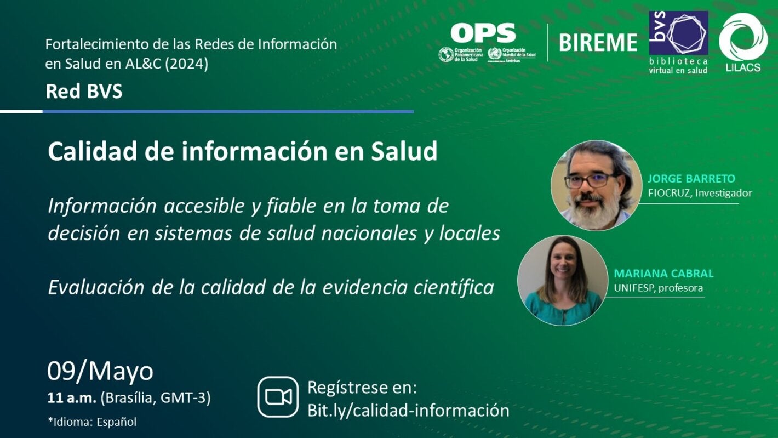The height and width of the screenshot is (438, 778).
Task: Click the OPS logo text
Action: (x=483, y=33)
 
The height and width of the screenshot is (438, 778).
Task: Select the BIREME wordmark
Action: (x=598, y=42)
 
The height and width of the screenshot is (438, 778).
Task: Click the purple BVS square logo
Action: (x=678, y=32)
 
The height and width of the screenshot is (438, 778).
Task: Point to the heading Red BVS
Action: (x=84, y=92)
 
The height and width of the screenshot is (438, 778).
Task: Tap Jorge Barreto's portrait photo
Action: (x=596, y=185)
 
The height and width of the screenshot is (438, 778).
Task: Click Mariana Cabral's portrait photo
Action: (x=562, y=280)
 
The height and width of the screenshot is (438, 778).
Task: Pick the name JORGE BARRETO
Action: (x=691, y=179)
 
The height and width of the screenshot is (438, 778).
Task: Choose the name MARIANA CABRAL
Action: (x=663, y=274)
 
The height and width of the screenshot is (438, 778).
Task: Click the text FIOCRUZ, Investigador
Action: (x=700, y=193)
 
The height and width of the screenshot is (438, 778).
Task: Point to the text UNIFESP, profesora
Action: (x=658, y=288)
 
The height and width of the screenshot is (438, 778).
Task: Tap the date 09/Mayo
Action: (x=100, y=371)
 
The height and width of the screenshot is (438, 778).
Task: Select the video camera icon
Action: (x=278, y=396)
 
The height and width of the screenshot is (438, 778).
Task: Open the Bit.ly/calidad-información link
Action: (x=408, y=410)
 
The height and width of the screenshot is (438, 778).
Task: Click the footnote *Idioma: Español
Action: (x=92, y=422)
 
